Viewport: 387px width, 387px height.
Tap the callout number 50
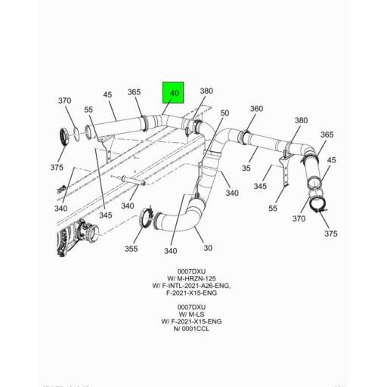pos(224,113)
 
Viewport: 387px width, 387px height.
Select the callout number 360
pos(256,109)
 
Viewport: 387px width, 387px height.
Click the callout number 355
pos(132,248)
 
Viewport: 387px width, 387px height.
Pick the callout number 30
pos(209,248)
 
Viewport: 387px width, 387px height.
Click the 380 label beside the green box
pos(206,91)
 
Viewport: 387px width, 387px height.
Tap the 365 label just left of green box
pos(134,92)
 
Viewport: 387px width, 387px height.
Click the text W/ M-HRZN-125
pos(187,278)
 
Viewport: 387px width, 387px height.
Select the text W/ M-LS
pos(187,314)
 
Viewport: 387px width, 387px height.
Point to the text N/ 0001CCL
pos(187,330)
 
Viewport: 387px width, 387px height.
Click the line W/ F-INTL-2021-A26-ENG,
pos(187,286)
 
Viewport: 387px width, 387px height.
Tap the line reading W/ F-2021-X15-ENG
pos(187,322)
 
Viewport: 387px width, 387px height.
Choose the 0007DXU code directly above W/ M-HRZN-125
pos(187,271)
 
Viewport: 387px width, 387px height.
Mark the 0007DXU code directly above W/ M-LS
pos(187,307)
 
